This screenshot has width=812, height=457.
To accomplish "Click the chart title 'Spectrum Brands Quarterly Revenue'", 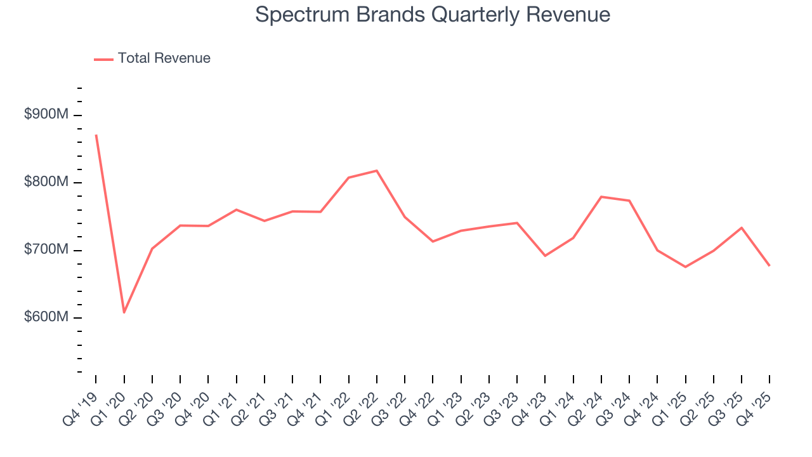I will (433, 15).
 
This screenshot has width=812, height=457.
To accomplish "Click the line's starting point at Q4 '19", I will (96, 135).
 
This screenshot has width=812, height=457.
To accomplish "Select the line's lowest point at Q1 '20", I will (124, 312).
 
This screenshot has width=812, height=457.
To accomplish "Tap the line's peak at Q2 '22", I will (377, 171).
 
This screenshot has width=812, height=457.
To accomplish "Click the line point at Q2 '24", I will (601, 197).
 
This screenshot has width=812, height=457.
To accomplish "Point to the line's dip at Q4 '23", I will (545, 256).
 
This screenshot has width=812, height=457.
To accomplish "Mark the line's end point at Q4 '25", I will (769, 265).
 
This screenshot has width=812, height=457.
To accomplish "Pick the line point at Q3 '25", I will (742, 227).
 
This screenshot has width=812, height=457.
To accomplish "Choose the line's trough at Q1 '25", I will (685, 267).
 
